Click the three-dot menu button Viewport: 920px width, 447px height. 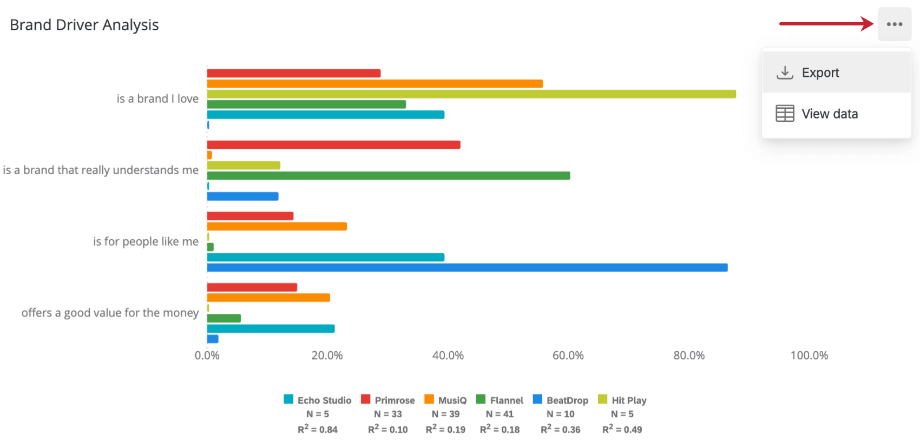tap(895, 24)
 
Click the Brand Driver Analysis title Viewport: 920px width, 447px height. tap(84, 25)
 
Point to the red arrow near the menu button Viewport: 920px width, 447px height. tap(826, 24)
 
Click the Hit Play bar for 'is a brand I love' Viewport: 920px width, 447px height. tap(471, 94)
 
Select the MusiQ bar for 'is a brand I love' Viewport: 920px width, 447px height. tap(374, 84)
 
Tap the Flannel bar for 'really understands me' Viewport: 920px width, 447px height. tap(388, 176)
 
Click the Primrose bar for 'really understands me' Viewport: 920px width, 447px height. tap(333, 145)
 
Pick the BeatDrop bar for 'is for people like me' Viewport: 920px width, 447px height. tap(466, 268)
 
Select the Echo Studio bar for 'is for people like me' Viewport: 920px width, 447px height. tap(325, 258)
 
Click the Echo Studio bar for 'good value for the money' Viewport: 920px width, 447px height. tap(271, 329)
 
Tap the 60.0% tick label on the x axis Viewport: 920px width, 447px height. tap(568, 356)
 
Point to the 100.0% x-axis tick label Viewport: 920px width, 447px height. tap(809, 356)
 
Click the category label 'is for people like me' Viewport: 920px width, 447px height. tap(146, 241)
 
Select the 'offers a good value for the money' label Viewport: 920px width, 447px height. tap(110, 313)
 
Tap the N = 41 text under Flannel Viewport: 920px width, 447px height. tap(500, 414)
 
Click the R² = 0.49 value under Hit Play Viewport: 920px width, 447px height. tap(622, 429)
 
